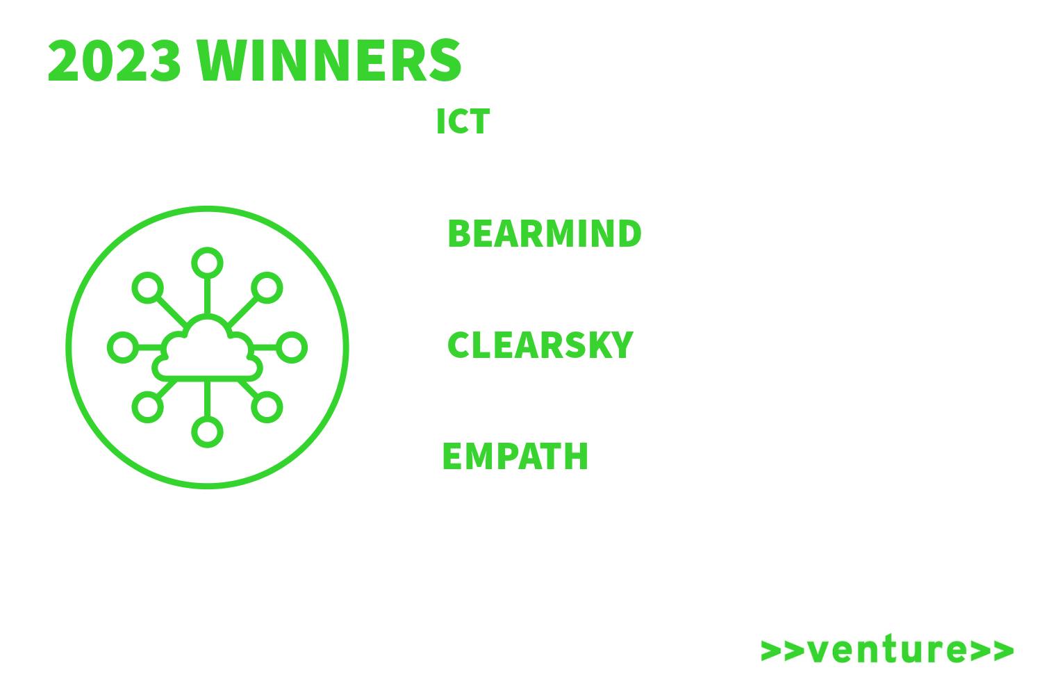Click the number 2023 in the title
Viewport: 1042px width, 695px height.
[x=114, y=60]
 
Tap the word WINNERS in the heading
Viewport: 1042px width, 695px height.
[x=329, y=60]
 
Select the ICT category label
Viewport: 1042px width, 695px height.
[x=463, y=122]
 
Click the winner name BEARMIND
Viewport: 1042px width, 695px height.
[x=544, y=234]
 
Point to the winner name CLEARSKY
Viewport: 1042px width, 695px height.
[x=540, y=345]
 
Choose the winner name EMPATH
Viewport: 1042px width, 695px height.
[x=515, y=456]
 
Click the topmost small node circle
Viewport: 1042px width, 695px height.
[x=207, y=263]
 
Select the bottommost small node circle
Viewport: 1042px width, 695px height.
[x=207, y=432]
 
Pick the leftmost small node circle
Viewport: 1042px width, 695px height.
[x=123, y=347]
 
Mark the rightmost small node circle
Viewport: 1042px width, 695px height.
[x=292, y=347]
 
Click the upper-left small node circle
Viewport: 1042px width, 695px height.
[x=147, y=288]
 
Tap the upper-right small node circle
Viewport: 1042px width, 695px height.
[x=267, y=288]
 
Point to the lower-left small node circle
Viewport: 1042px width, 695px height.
[x=147, y=407]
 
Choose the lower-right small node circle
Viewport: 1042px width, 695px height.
[x=267, y=407]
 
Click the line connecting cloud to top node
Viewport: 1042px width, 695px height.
[x=207, y=296]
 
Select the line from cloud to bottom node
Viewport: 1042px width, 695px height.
[x=207, y=399]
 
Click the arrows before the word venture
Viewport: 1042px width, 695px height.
[x=782, y=651]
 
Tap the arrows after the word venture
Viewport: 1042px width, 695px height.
[x=992, y=651]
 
